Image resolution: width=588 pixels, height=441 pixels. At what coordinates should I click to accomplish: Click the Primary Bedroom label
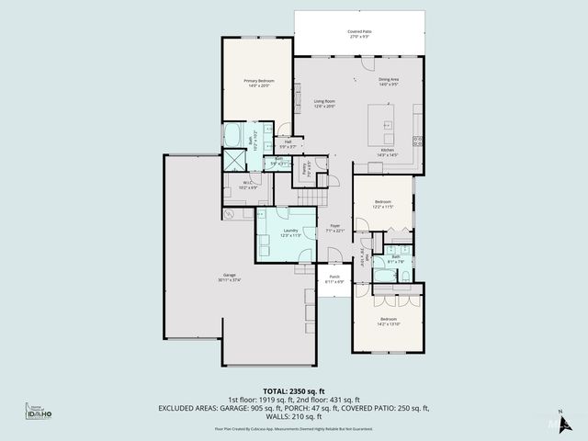(256, 84)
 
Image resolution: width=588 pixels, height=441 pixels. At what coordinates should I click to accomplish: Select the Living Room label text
(324, 103)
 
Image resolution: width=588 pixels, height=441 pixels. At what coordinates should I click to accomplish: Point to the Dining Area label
(389, 81)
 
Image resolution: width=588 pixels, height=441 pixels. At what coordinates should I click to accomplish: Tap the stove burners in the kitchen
(417, 140)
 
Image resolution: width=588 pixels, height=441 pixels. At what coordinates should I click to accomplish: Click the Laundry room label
(290, 232)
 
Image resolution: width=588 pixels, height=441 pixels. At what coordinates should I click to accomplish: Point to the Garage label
(229, 277)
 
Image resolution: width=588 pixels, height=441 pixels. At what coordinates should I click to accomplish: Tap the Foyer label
(334, 228)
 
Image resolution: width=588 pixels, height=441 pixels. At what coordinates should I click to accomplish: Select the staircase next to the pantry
(315, 197)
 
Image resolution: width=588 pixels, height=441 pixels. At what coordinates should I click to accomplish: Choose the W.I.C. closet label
(248, 185)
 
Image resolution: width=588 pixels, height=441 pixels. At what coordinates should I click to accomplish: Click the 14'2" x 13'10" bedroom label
(389, 322)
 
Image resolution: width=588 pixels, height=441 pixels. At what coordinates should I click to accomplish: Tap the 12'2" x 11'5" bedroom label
(383, 204)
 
